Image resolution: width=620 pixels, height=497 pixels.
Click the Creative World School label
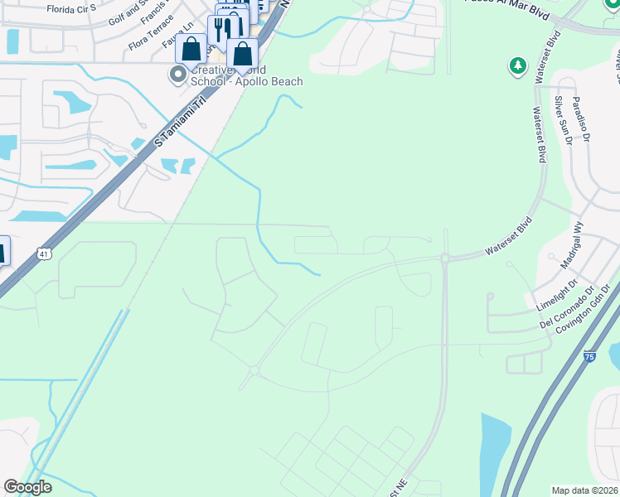click(246, 75)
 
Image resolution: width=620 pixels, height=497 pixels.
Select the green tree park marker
click(518, 65)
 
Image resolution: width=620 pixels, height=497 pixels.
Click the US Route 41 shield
click(43, 254)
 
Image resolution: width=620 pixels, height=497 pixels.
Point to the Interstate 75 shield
click(589, 356)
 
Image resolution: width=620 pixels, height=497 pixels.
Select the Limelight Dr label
click(555, 295)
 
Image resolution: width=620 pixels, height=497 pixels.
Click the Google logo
click(28, 488)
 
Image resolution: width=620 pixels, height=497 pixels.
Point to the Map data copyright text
click(584, 490)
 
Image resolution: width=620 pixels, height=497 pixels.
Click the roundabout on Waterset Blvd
click(445, 258)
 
